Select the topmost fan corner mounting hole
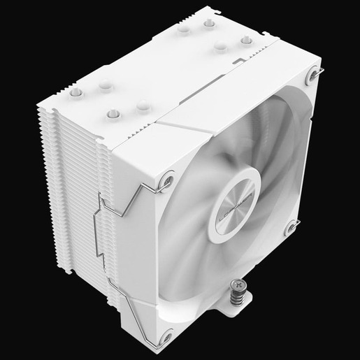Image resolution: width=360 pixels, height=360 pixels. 311,75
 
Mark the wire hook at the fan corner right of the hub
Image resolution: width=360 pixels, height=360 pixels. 296,224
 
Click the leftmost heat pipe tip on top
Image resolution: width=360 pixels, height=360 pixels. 76,92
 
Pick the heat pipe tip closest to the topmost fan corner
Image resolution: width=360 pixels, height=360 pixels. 246,41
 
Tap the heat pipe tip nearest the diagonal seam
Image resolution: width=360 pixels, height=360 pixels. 143,106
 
